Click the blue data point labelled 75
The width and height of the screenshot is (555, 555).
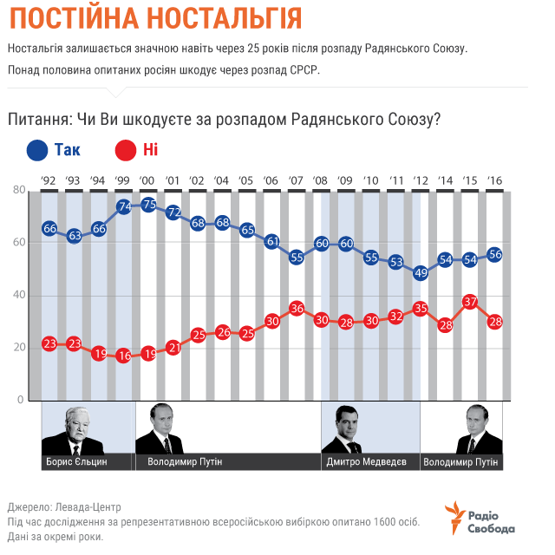point(148,205)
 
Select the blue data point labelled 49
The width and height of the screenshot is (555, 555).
point(421,272)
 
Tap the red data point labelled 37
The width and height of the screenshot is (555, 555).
point(471,302)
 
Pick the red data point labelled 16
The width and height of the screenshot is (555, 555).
point(123,356)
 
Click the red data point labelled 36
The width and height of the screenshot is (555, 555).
point(297,308)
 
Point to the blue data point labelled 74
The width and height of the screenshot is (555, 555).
point(123,206)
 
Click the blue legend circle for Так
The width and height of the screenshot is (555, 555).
point(38,150)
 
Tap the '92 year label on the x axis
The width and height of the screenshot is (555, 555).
point(49,180)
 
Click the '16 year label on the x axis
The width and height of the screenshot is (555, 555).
point(495,180)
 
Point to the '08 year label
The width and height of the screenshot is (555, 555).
point(321,180)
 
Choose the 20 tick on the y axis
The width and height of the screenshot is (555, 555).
point(17,348)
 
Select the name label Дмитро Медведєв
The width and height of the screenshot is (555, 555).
point(367,461)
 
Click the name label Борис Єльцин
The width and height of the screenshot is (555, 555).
point(77,461)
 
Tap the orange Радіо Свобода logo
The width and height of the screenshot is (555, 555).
point(478,518)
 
